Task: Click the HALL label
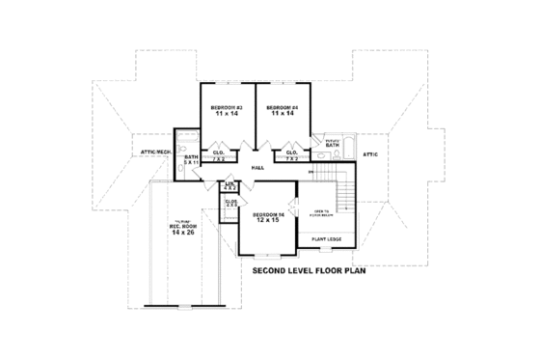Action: click(257, 168)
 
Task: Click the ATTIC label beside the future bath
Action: click(369, 153)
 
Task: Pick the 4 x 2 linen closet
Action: click(230, 184)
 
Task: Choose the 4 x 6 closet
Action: click(231, 205)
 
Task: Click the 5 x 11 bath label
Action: click(191, 159)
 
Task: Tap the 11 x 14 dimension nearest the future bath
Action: click(281, 113)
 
